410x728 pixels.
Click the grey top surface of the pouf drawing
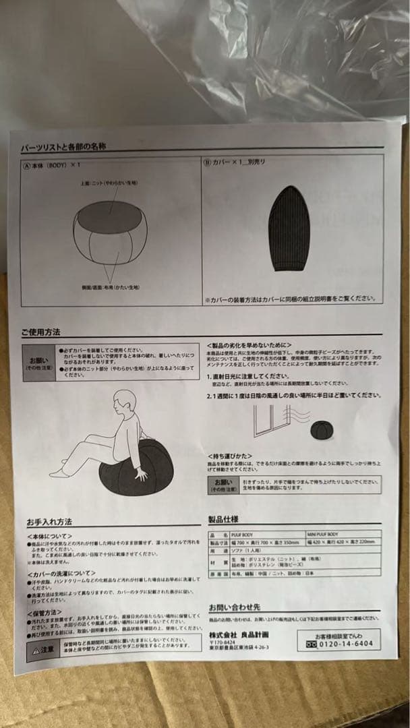(x=110, y=216)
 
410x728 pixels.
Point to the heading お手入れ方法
(x=49, y=522)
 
